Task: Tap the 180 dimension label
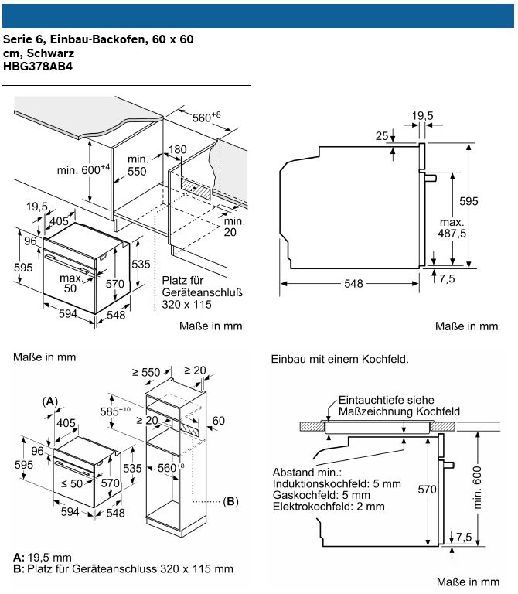pos(177,149)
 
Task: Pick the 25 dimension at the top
pos(381,136)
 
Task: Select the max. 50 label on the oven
pos(71,283)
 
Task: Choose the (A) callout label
pos(49,401)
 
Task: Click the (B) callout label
pos(230,501)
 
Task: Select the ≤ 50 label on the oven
pos(71,483)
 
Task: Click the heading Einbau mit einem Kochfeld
pos(339,360)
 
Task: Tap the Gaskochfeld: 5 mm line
pos(321,495)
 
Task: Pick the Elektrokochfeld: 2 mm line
pos(328,507)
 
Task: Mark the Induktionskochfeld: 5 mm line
pos(336,483)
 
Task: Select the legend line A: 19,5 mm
pos(43,558)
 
